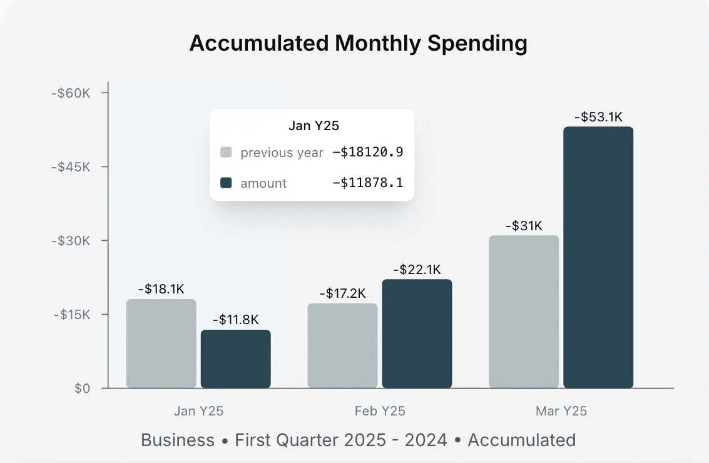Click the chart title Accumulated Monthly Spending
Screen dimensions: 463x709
click(358, 44)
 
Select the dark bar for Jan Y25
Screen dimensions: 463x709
click(236, 359)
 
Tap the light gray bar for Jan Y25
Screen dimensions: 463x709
click(161, 344)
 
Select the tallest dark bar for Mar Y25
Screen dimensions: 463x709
click(598, 257)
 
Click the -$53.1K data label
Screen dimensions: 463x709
click(598, 116)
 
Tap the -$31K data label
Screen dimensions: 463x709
click(524, 226)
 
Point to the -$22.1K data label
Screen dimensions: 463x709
click(417, 270)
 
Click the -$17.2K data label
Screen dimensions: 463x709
click(342, 293)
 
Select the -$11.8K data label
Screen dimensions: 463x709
click(236, 320)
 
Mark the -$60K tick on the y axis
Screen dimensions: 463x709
click(71, 93)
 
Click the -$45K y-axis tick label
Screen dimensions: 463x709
click(71, 167)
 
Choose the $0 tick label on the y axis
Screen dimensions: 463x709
click(83, 389)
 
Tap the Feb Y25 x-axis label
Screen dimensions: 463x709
click(380, 411)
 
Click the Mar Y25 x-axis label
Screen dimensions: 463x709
click(561, 411)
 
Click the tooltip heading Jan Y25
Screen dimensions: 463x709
click(314, 126)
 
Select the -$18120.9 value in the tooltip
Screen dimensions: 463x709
click(367, 153)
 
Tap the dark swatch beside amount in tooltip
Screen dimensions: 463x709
click(227, 183)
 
